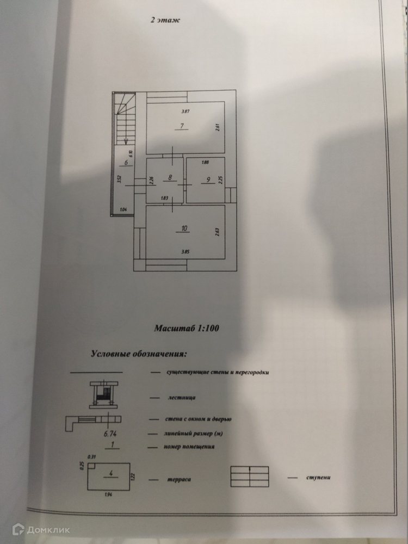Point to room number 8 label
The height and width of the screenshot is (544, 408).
tap(170, 177)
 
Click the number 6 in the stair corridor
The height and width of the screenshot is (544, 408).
tap(126, 162)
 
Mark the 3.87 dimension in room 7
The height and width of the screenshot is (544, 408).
tap(185, 112)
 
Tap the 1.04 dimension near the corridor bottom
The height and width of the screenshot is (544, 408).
tap(123, 209)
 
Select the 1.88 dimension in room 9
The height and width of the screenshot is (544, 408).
tap(205, 162)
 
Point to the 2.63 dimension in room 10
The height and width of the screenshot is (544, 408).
tap(217, 231)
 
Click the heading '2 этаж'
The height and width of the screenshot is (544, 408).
tap(165, 21)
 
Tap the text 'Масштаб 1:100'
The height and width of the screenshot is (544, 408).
tap(186, 328)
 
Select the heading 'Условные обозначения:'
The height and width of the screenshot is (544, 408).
tap(139, 354)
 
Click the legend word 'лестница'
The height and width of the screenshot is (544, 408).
tap(180, 398)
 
